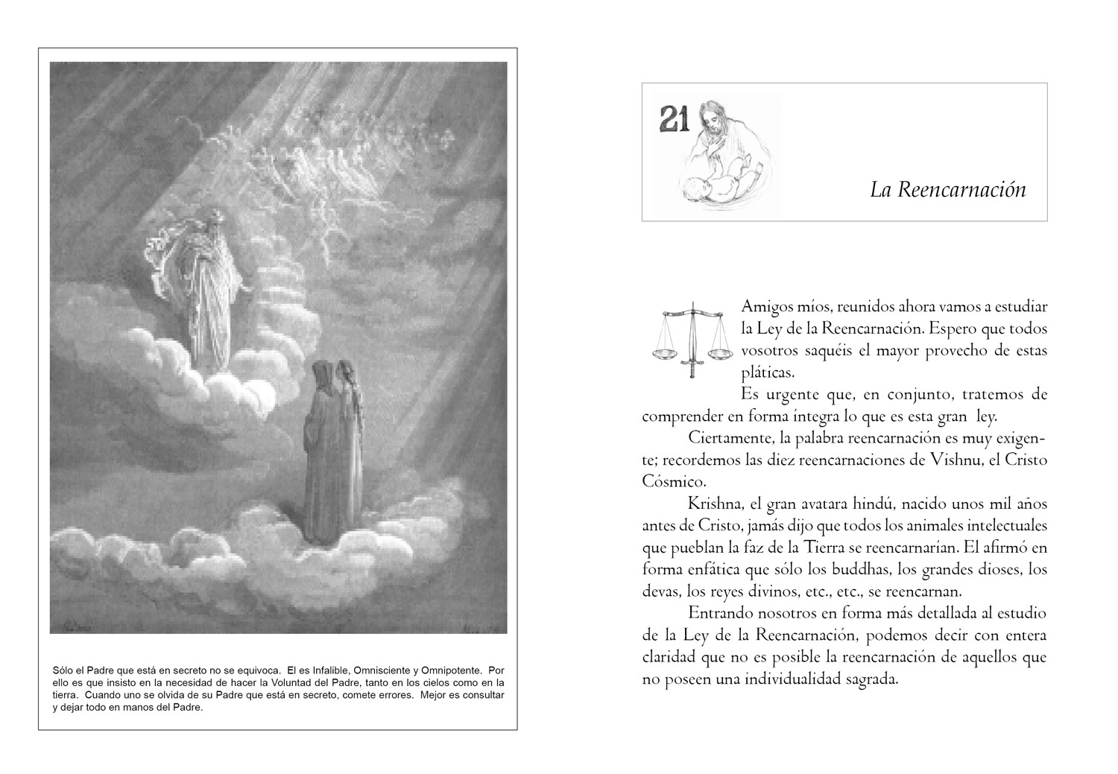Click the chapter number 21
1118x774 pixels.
pos(674,119)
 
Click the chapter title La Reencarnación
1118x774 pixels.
pos(947,190)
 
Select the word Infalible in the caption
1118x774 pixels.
pos(326,669)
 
